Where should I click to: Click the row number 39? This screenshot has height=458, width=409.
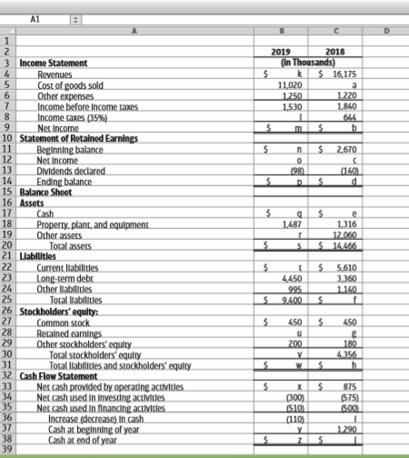(x=8, y=451)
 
